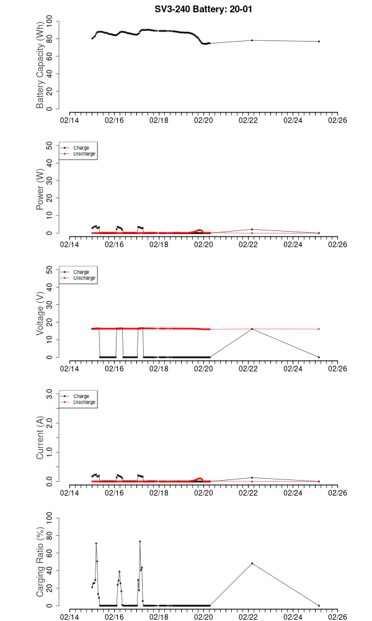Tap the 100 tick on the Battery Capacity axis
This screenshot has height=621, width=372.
click(x=52, y=22)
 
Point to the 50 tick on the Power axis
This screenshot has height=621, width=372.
click(x=52, y=145)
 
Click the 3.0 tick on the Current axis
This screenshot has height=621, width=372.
click(x=51, y=394)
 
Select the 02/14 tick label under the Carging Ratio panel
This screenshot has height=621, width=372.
click(x=69, y=617)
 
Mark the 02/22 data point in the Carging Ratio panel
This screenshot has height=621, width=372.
click(x=252, y=563)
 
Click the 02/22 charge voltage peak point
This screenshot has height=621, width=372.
click(x=252, y=329)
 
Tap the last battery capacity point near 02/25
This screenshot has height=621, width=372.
click(x=319, y=42)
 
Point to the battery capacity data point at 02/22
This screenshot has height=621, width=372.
click(x=252, y=40)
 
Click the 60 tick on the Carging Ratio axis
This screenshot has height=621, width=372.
click(x=52, y=553)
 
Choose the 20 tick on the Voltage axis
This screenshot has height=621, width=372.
click(x=52, y=322)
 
